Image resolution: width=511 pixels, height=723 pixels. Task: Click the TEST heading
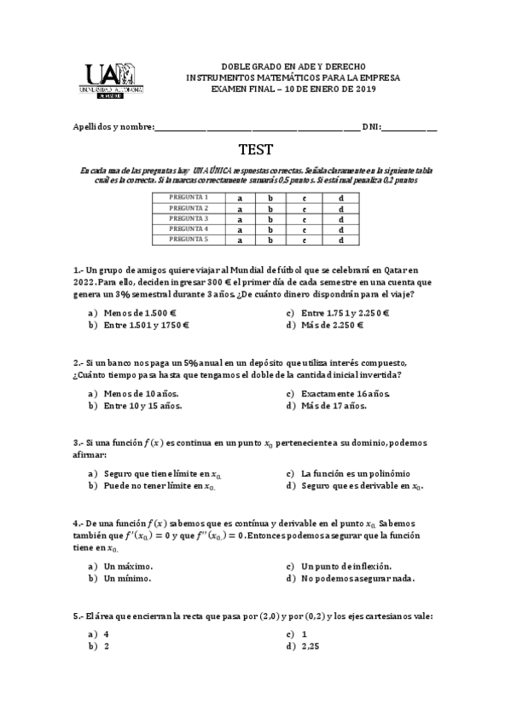255,150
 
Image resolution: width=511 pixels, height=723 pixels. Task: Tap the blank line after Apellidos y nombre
257,128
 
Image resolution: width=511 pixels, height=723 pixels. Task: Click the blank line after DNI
409,128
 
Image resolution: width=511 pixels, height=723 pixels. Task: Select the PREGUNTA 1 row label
189,198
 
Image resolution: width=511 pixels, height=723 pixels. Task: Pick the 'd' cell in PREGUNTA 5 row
340,240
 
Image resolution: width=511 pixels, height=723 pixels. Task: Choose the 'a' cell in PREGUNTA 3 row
240,219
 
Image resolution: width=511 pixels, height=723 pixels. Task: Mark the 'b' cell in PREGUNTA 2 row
270,208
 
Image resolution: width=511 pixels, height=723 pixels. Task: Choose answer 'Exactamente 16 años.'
345,393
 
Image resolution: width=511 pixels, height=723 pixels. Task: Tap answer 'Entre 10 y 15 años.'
142,406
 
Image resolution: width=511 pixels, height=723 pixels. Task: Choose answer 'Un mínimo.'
127,578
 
